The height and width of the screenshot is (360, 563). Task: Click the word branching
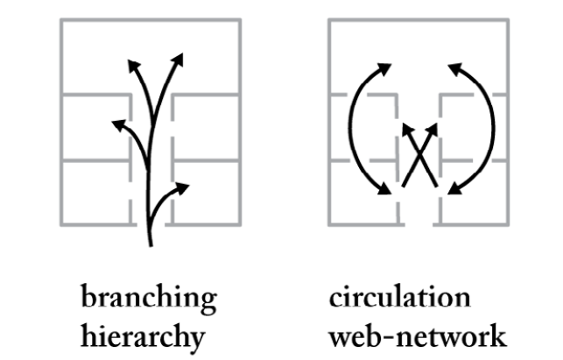coord(149,299)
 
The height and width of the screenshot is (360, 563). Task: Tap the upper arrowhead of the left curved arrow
coord(386,66)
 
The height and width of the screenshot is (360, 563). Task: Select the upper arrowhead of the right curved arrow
coord(454,66)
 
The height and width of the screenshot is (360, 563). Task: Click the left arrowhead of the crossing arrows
coord(405,130)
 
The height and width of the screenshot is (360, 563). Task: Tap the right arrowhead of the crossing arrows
coord(432,130)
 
